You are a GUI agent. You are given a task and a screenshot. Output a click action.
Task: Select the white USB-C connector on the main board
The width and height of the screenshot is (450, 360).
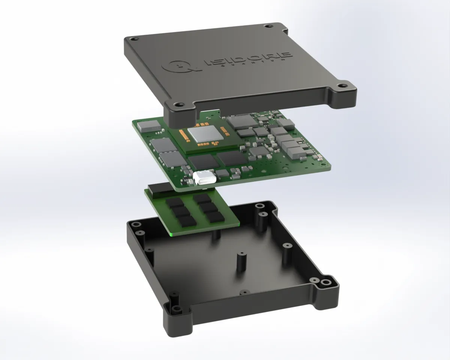click(x=203, y=178)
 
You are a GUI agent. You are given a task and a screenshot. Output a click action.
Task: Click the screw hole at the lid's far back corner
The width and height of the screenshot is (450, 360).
click(x=268, y=27)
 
